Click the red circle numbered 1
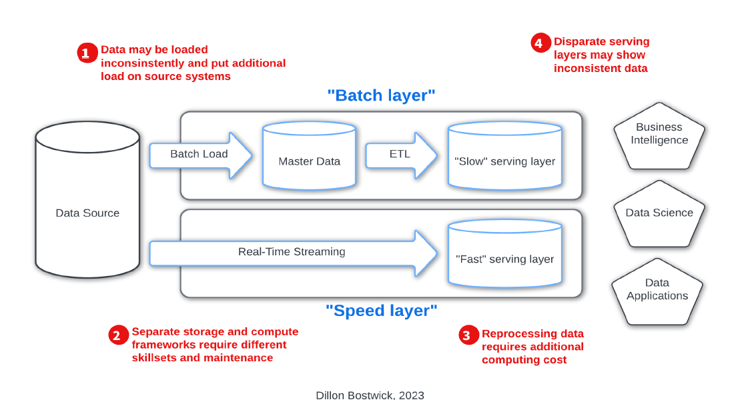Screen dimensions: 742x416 pos(87,53)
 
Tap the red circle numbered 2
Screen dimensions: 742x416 pos(118,335)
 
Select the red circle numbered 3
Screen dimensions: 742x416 pos(468,335)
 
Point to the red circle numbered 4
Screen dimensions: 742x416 pos(540,43)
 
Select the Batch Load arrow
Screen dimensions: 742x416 pos(201,155)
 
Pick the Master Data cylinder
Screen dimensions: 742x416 pos(309,155)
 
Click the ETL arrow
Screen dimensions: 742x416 pos(401,155)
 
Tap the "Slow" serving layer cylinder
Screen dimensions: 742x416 pos(505,155)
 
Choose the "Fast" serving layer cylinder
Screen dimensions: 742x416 pos(505,253)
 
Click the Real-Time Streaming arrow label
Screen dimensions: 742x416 pos(292,251)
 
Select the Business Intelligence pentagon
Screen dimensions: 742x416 pos(659,136)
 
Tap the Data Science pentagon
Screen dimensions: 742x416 pos(659,214)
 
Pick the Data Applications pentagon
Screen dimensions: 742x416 pos(657,292)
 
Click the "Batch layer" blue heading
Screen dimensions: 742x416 pos(382,95)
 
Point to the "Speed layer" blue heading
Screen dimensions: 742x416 pos(382,311)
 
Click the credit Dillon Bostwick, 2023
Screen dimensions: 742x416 pos(370,396)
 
